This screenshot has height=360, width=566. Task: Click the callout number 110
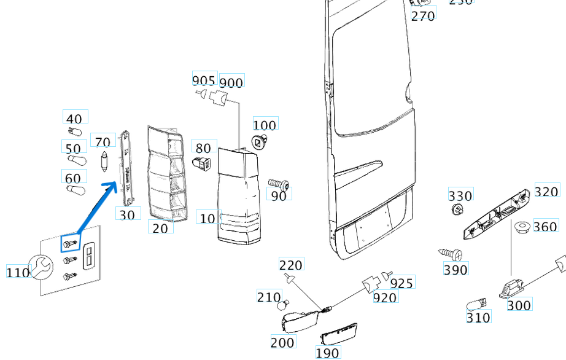[x=18, y=272]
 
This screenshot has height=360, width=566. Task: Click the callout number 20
[x=160, y=227]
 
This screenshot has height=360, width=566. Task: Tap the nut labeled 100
[x=259, y=143]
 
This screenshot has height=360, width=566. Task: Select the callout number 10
[x=207, y=218]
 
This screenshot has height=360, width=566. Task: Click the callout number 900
[x=231, y=82]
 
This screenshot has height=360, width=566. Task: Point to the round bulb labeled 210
[x=282, y=304]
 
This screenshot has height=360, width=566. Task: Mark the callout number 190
[x=327, y=353]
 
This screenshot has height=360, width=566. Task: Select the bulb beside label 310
[x=476, y=303]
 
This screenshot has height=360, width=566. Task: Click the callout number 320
[x=546, y=191]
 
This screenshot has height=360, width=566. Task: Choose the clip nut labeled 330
[x=456, y=211]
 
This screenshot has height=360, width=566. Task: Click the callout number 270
[x=423, y=15]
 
